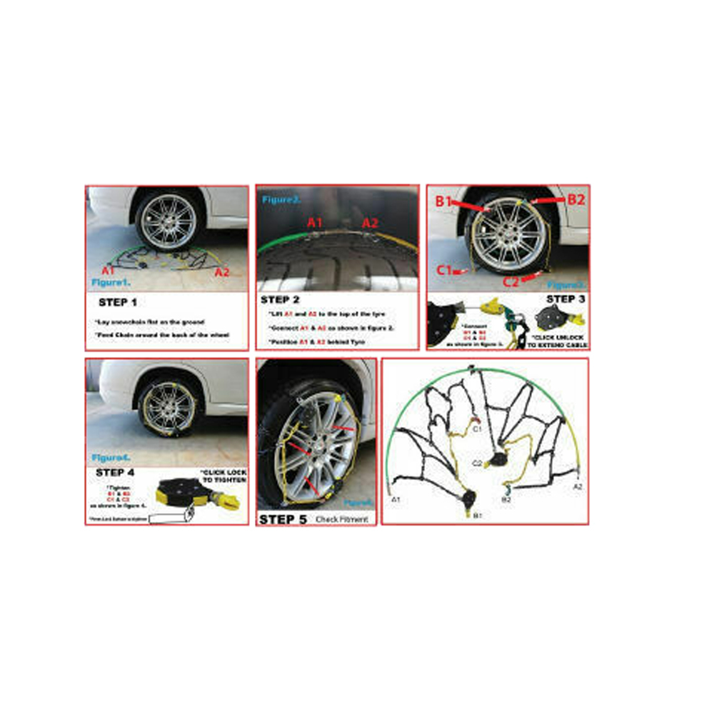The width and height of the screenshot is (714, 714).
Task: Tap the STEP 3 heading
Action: (x=565, y=299)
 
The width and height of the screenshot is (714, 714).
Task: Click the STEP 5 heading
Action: (x=283, y=519)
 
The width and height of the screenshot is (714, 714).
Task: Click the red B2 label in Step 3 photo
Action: (x=575, y=200)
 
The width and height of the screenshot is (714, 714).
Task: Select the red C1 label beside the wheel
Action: (x=444, y=271)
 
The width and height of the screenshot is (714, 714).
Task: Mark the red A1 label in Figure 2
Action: (x=316, y=222)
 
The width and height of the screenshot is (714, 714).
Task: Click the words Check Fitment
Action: (x=342, y=520)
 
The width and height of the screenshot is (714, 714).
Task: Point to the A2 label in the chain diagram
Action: (x=578, y=486)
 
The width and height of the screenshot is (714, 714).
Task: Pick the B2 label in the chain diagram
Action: (x=506, y=501)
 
